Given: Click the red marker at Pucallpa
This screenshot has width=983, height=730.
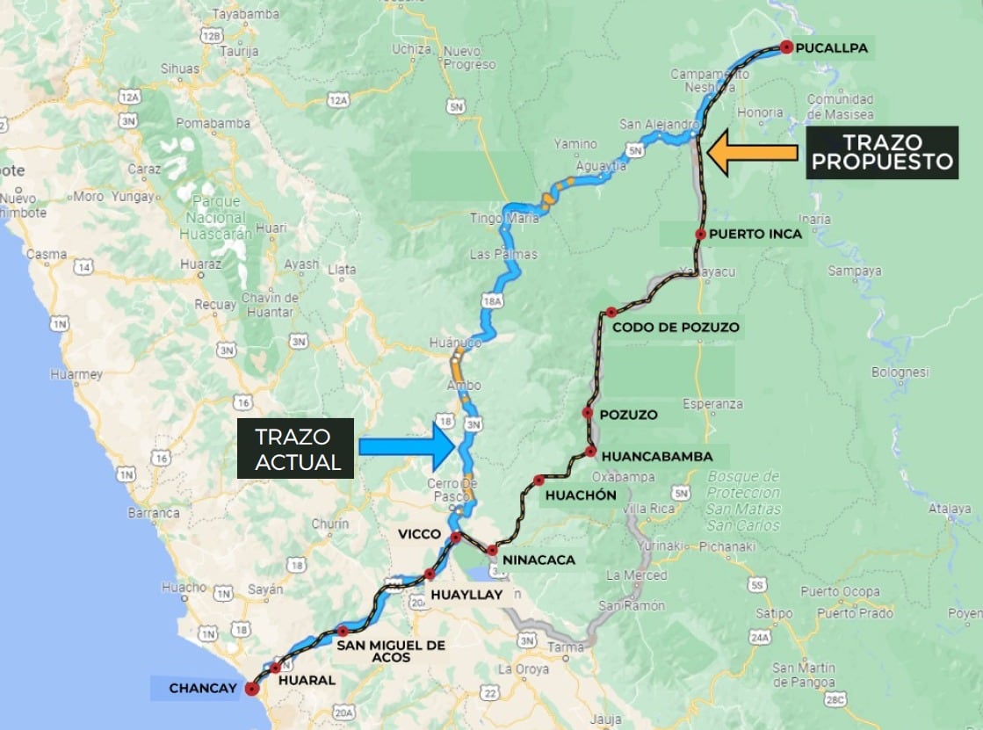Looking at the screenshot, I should click(x=785, y=48).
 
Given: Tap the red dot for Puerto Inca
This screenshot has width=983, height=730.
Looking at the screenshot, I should click(x=700, y=234).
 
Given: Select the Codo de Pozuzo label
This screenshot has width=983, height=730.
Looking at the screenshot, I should click(x=676, y=328).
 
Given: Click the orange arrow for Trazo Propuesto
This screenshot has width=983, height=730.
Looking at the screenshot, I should click(x=753, y=153).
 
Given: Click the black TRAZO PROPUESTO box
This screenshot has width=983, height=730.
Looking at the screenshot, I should click(x=882, y=153).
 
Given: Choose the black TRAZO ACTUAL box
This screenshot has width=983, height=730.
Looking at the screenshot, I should click(x=295, y=448).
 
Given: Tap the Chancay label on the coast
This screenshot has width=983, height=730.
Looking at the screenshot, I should click(x=202, y=688).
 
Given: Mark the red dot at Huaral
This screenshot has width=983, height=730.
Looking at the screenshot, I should click(x=276, y=668).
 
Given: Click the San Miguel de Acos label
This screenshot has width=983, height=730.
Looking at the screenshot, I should click(x=391, y=651).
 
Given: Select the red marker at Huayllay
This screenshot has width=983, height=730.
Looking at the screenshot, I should click(x=430, y=575).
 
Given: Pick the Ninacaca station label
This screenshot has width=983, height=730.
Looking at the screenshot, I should click(x=538, y=559).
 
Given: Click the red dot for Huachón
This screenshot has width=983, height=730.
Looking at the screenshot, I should click(x=538, y=481).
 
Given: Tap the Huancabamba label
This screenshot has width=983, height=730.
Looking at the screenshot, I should click(x=657, y=457).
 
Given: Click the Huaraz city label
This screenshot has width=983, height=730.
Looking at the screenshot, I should click(x=194, y=263).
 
